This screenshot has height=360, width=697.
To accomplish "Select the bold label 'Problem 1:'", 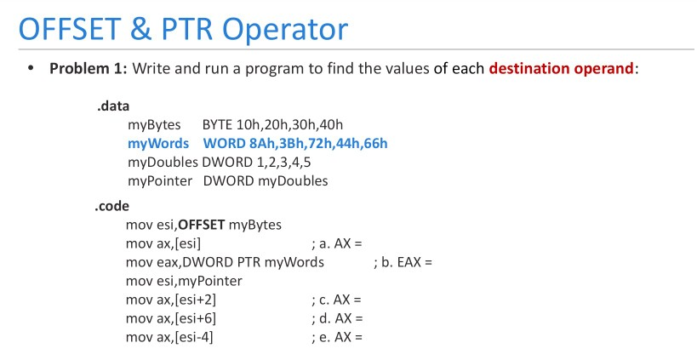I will [x=89, y=68].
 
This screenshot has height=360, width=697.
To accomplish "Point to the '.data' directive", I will [x=112, y=107].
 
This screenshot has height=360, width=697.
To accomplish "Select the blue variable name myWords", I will [x=158, y=143].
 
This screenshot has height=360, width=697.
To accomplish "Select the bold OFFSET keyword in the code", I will [x=202, y=225].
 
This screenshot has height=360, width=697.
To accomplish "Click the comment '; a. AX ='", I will [x=337, y=243].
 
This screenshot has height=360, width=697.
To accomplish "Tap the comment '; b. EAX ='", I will [x=403, y=262].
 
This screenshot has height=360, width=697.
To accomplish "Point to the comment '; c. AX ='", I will [x=337, y=300].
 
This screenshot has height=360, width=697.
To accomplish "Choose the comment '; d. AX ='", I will [x=337, y=318].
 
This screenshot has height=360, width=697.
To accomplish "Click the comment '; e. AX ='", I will [x=337, y=337].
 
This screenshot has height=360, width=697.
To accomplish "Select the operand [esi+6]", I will [x=195, y=318].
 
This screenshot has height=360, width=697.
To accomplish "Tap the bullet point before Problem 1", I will [x=31, y=68].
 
